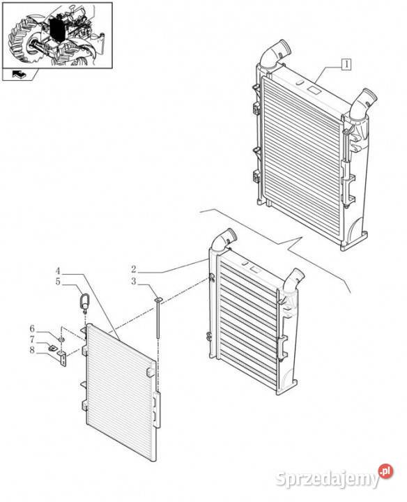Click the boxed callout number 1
[x=346, y=64]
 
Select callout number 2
[x=134, y=269]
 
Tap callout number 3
[x=134, y=282]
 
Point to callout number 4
[x=58, y=271]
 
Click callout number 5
[x=58, y=282]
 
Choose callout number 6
[x=32, y=329]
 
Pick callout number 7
[x=32, y=340]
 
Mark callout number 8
[x=32, y=350]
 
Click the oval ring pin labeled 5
[x=84, y=303]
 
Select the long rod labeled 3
[x=158, y=317]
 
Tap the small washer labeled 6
[x=62, y=339]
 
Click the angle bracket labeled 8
[x=63, y=358]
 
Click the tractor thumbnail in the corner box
[x=57, y=35]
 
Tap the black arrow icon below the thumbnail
[x=18, y=75]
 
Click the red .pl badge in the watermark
[x=386, y=471]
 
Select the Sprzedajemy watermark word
[x=327, y=480]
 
